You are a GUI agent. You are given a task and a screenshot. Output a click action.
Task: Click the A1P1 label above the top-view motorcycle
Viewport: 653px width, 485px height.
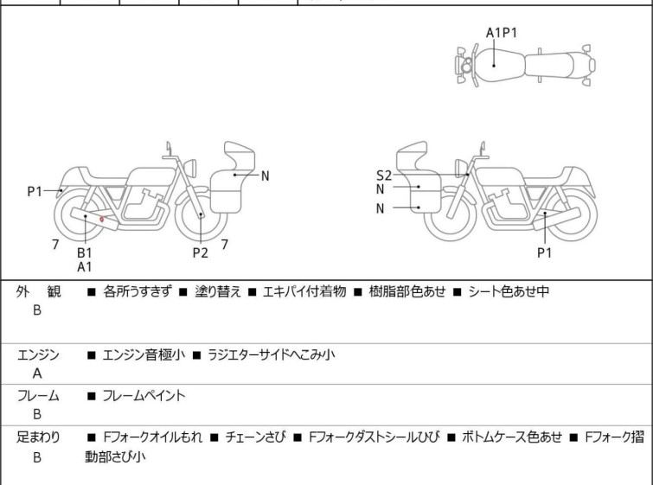pyautogui.click(x=502, y=33)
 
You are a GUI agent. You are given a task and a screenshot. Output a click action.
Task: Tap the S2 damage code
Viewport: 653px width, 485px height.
pyautogui.click(x=383, y=175)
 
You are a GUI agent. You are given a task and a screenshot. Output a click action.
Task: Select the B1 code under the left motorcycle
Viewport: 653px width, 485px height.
pyautogui.click(x=85, y=252)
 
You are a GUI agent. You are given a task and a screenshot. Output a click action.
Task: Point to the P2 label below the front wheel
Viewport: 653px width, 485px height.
pyautogui.click(x=201, y=252)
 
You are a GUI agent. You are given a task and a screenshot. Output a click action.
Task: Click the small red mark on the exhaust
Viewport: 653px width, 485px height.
pyautogui.click(x=102, y=220)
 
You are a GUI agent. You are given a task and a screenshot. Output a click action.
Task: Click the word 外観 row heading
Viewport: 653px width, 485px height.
pyautogui.click(x=38, y=292)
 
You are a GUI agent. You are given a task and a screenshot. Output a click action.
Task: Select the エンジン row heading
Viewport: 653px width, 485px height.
pyautogui.click(x=38, y=354)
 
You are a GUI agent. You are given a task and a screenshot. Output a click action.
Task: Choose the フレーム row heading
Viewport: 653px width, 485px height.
pyautogui.click(x=38, y=396)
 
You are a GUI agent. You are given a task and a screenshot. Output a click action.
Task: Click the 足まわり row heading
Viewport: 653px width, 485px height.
pyautogui.click(x=38, y=437)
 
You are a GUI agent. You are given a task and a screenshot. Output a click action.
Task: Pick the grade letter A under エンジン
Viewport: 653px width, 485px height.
pyautogui.click(x=37, y=373)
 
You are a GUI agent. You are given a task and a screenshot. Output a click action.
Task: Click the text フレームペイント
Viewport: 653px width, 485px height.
pyautogui.click(x=144, y=396)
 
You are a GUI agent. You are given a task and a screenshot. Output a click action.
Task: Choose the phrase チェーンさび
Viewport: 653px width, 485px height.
pyautogui.click(x=251, y=437)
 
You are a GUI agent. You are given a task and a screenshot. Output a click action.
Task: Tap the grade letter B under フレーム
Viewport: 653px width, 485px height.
pyautogui.click(x=37, y=415)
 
